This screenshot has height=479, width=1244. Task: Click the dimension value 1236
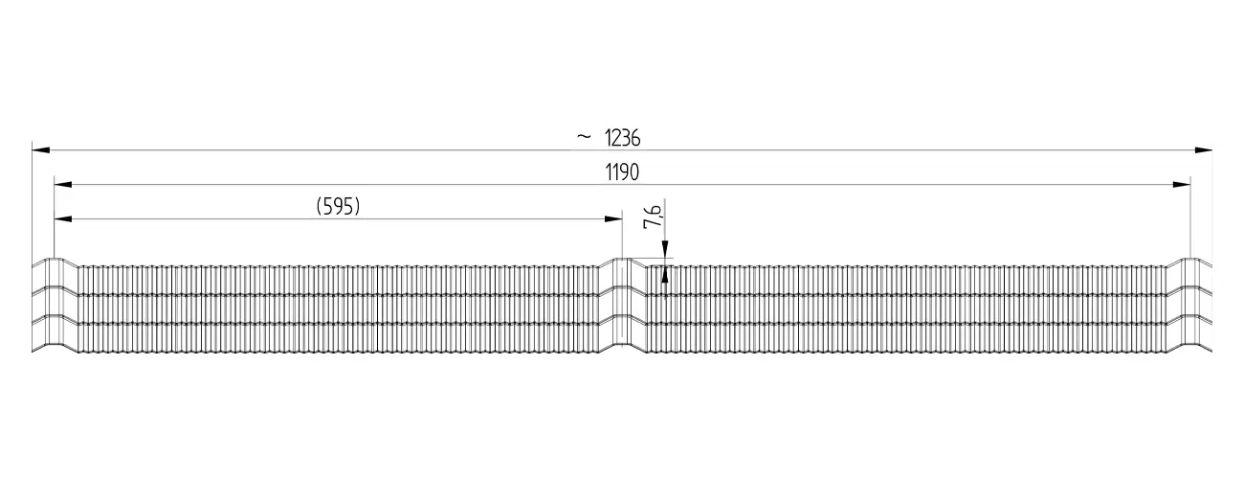622,138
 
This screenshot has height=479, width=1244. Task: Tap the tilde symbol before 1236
584,136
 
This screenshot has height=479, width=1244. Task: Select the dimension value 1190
622,172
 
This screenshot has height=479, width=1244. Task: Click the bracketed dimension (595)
338,206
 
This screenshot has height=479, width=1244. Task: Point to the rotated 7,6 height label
652,217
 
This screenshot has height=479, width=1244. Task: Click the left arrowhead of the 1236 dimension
40,150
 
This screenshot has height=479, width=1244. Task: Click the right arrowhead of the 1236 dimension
1204,150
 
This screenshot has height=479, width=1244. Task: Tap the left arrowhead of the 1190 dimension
63,185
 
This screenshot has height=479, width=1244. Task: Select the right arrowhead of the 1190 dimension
1181,185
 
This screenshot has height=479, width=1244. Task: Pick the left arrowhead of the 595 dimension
63,219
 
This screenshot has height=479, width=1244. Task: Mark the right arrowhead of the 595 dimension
613,219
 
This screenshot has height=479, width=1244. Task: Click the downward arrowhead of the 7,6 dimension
665,249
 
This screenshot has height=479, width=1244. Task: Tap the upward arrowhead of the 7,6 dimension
665,275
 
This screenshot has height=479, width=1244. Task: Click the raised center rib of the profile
622,305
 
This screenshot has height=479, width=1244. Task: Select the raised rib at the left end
55,305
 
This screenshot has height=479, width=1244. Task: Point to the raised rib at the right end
1189,305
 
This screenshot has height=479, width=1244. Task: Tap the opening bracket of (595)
319,207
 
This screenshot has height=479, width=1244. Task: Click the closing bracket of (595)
358,207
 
